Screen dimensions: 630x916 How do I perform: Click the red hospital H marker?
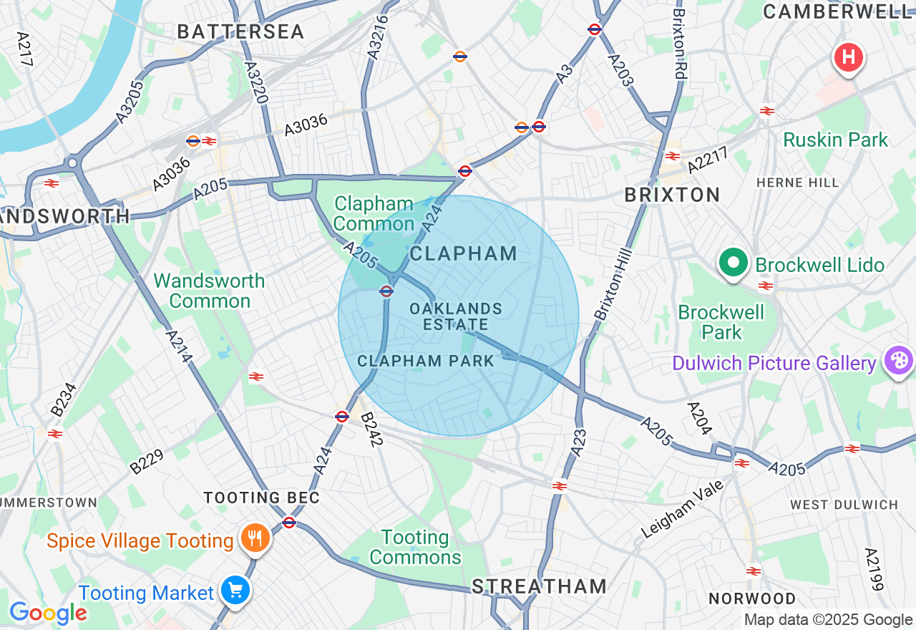[x=848, y=57]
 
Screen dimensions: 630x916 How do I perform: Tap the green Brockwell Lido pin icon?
[x=733, y=263]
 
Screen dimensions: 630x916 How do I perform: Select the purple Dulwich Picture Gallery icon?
[x=898, y=360]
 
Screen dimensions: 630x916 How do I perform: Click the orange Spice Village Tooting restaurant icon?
[x=254, y=538]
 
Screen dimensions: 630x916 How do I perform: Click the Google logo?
[x=48, y=613]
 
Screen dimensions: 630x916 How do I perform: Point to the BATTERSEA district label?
[x=240, y=31]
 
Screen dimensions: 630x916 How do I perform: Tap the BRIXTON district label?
[x=672, y=195]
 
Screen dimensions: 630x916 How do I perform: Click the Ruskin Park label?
[x=835, y=140]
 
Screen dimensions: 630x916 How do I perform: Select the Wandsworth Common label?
[x=209, y=291]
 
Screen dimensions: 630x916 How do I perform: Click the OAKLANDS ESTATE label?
[x=456, y=316]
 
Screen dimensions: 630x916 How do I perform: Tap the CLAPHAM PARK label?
[x=426, y=361]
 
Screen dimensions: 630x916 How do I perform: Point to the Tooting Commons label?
[x=416, y=547]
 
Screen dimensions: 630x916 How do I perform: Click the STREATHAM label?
[x=539, y=586]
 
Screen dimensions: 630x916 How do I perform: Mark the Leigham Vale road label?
[x=682, y=508]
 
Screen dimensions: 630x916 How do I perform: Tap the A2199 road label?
[x=874, y=569]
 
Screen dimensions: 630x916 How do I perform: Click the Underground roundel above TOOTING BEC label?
[x=289, y=522]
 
